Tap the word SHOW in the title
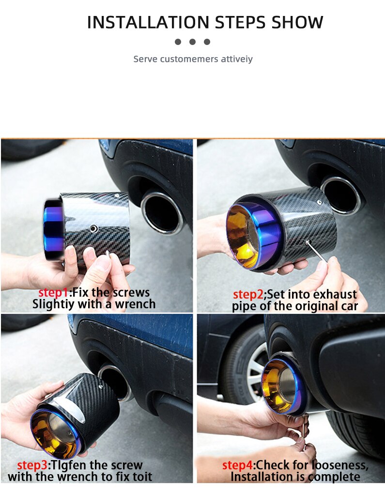297,22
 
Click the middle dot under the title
192,42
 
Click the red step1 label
54,293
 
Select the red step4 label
237,465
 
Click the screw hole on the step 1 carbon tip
93,228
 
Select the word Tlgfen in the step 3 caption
68,465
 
